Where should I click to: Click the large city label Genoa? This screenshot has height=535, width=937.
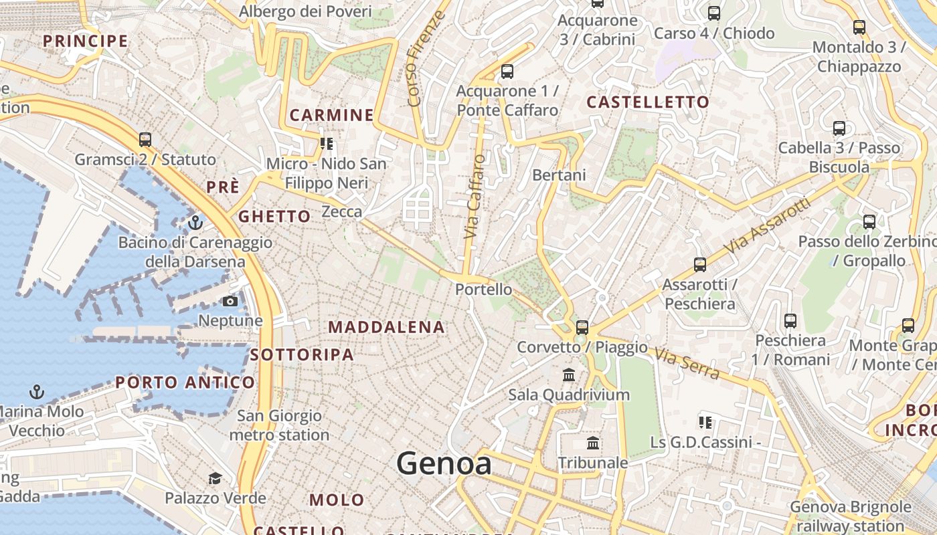coord(444,463)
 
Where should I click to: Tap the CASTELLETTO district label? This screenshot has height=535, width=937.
coord(647,102)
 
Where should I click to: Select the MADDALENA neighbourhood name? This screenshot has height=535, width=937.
coord(387,327)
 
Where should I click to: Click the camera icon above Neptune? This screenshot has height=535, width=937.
coord(230,301)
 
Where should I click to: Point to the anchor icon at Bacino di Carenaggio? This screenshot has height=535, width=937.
coord(195,222)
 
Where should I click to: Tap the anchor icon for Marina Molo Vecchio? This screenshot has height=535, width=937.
coord(37,392)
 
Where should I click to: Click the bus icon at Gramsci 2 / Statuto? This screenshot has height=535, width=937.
coord(145,140)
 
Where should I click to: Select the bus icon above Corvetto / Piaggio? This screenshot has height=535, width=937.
coord(582,327)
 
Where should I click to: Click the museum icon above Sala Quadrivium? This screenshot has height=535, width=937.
coord(569,374)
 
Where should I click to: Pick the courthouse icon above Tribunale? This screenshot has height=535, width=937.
coord(593,443)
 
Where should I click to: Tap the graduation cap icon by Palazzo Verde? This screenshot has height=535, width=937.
coord(215,478)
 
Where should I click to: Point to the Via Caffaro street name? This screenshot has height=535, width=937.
coord(475,197)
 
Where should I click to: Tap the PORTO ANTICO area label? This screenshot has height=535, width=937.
coord(185,383)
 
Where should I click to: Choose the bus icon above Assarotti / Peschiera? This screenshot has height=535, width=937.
coord(700,265)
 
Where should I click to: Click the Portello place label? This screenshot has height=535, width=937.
coord(483,290)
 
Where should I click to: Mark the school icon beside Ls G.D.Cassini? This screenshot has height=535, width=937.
coord(705,422)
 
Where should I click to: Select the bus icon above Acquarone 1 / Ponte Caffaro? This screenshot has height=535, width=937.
coord(507,71)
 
